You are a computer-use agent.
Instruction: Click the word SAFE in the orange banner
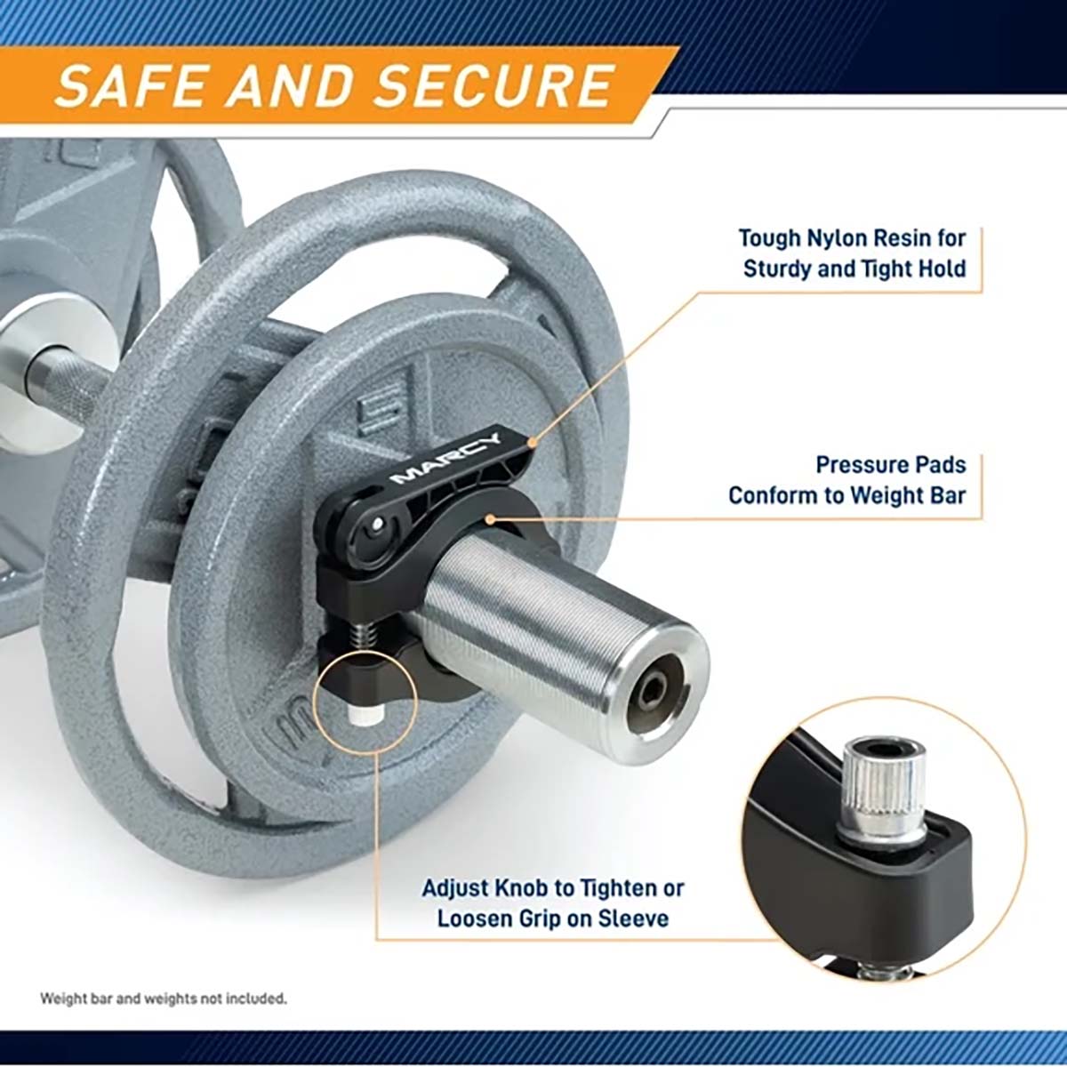click(x=132, y=85)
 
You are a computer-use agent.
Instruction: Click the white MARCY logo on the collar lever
click(x=445, y=460)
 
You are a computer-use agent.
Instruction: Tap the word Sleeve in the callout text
click(x=634, y=919)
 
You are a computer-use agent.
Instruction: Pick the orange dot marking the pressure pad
click(x=489, y=518)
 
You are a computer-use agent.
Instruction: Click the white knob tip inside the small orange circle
click(x=363, y=714)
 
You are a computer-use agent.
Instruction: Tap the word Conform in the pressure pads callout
click(x=773, y=495)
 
